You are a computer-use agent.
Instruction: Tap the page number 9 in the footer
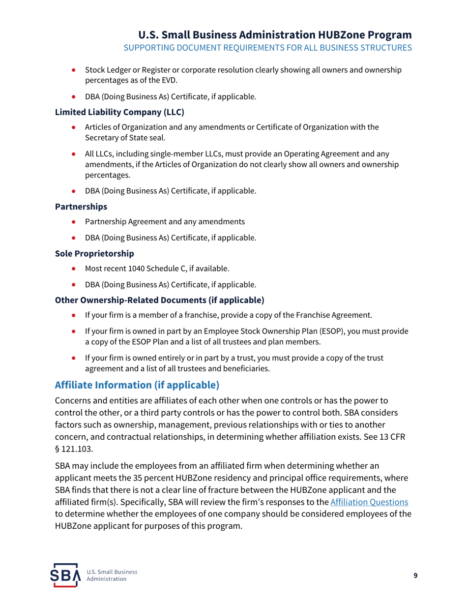click(x=415, y=576)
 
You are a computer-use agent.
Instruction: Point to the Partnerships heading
click(x=81, y=207)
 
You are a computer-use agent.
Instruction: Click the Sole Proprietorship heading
click(x=93, y=254)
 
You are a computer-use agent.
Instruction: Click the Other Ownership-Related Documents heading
click(x=160, y=300)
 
